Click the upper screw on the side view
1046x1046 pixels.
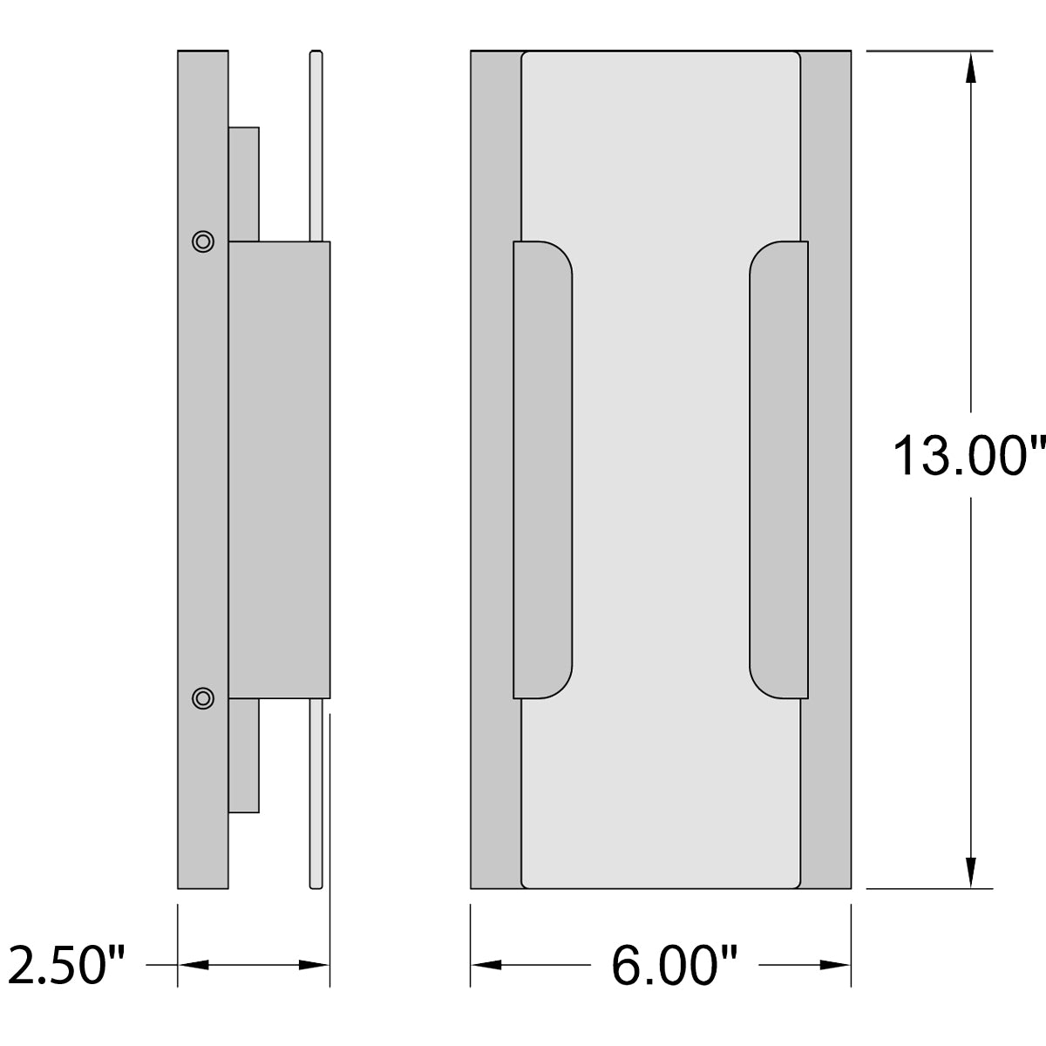click(x=203, y=241)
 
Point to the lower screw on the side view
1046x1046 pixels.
click(x=203, y=697)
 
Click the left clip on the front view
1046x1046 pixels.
click(x=543, y=470)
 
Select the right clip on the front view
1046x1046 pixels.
click(x=778, y=470)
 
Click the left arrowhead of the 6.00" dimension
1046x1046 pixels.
click(x=486, y=965)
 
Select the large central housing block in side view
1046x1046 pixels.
click(x=279, y=470)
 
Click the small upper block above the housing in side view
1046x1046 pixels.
click(x=243, y=184)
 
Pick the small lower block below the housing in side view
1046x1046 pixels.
click(x=243, y=755)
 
